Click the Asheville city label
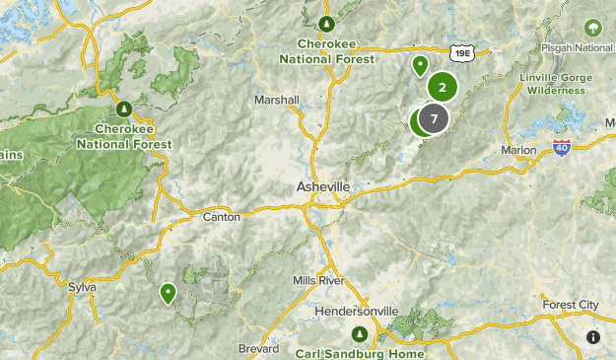322,186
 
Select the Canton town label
221,216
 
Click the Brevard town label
258,349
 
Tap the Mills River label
318,281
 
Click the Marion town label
518,150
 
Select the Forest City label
571,305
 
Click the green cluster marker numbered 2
443,88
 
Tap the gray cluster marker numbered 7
433,119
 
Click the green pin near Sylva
169,292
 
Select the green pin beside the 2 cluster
420,66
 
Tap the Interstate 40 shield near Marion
561,146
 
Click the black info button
592,336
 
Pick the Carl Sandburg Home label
360,353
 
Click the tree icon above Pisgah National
593,27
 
